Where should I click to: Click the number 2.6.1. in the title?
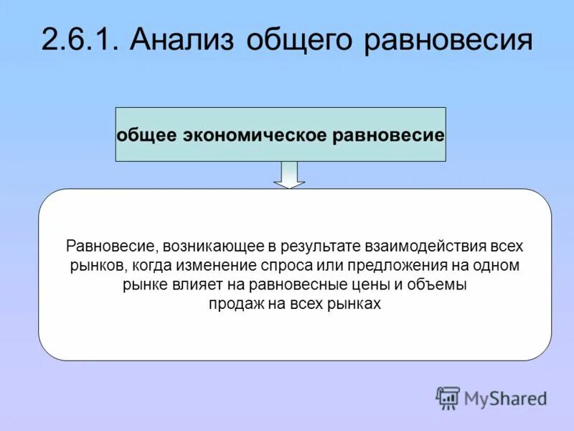tap(80, 40)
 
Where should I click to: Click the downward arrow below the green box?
tap(288, 175)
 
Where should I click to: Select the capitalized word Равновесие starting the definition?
tap(111, 246)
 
